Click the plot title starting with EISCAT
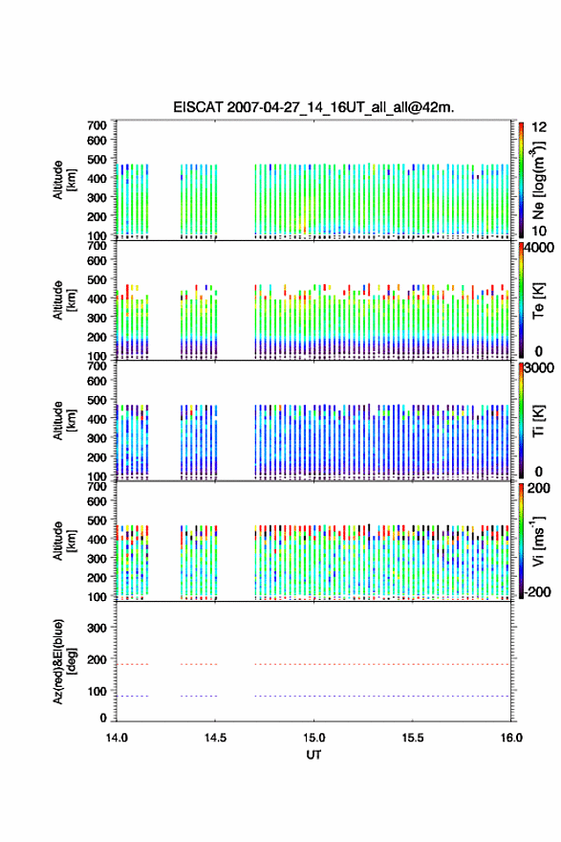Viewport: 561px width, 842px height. point(313,107)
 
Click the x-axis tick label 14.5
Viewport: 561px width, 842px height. point(215,738)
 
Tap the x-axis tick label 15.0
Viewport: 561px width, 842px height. point(313,738)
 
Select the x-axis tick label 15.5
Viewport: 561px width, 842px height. point(413,738)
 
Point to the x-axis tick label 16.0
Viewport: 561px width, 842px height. point(511,738)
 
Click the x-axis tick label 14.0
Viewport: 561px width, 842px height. point(117,738)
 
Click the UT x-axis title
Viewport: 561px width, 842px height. point(313,755)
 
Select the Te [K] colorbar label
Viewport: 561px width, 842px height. point(538,300)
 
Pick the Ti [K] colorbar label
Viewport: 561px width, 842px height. point(538,421)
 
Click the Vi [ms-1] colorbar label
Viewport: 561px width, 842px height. point(538,541)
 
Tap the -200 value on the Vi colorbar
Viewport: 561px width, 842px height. point(537,592)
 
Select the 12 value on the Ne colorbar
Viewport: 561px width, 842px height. point(540,127)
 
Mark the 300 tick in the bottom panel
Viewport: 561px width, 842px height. point(97,628)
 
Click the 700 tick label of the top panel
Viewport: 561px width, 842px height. point(97,125)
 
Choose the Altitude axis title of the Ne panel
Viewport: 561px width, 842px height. point(64,180)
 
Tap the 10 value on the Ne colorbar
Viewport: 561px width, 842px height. point(540,231)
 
